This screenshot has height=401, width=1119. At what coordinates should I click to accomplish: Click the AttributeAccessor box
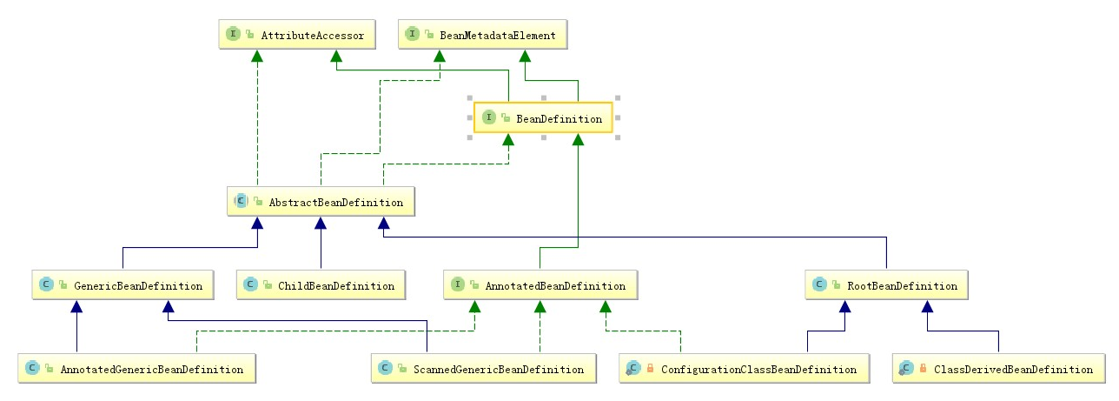coord(297,35)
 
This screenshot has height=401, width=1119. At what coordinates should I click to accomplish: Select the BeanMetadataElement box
coord(482,35)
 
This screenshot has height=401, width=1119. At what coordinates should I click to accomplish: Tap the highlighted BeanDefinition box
coord(543,118)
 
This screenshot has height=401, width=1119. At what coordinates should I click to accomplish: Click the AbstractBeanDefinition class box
coord(321,202)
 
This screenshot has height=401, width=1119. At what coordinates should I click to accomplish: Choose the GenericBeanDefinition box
coord(122,285)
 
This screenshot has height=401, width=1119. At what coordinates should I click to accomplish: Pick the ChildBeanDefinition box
coord(321,285)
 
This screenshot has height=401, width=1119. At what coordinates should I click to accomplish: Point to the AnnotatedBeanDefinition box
coord(540,285)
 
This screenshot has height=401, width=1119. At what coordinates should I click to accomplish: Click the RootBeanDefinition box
coord(887,285)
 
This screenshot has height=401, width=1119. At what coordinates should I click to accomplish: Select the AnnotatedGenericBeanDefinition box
coord(137,369)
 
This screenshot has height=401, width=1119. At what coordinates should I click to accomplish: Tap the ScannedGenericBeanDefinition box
coord(484,369)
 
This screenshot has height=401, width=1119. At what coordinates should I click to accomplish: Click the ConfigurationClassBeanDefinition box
coord(745,369)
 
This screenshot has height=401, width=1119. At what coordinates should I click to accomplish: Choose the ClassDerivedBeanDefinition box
coord(998,369)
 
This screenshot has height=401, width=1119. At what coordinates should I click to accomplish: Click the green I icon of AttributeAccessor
coord(233,34)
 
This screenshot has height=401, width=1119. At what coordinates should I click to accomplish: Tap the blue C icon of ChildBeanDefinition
coord(251,284)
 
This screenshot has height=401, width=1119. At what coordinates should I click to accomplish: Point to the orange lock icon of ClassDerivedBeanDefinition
coord(924,368)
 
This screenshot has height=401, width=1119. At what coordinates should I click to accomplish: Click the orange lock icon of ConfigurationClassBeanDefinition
coord(650,368)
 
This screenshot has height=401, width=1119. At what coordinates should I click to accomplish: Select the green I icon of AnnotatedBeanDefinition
coord(458,284)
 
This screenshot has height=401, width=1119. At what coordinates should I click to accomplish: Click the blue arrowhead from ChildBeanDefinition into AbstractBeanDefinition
coord(321,223)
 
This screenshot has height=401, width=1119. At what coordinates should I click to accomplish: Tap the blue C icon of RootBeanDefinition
coord(819,284)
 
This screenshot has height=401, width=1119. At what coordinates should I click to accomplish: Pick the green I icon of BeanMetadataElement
coord(412,34)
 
